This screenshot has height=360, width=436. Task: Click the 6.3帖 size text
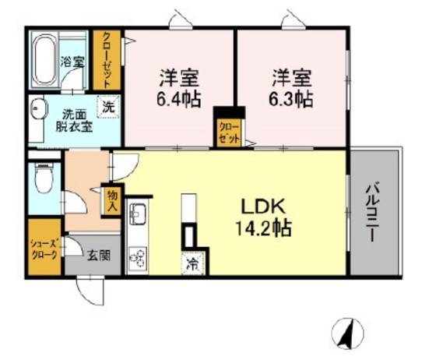click(x=293, y=99)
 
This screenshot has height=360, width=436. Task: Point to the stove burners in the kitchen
click(x=138, y=256)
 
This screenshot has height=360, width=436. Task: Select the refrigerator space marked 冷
click(x=191, y=264)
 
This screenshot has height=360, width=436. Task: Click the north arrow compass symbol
click(x=348, y=333)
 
